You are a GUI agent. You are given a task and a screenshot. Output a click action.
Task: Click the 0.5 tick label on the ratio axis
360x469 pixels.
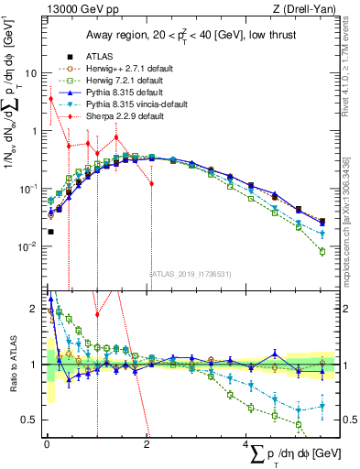(29, 420)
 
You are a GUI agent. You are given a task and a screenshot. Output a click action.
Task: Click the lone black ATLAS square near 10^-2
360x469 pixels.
(49, 232)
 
